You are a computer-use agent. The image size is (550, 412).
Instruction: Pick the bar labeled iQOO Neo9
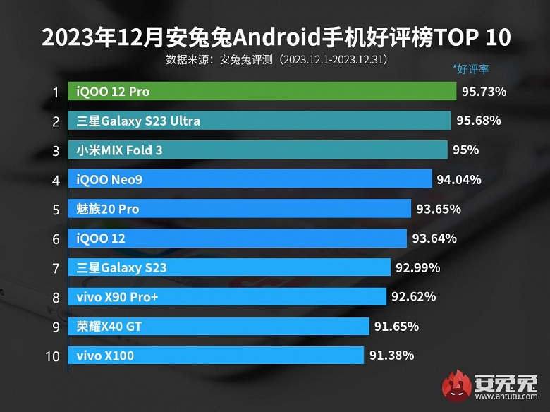coord(250,180)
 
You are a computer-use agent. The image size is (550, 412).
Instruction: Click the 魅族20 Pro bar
coord(240,209)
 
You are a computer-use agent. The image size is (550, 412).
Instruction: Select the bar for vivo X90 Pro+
coord(227,297)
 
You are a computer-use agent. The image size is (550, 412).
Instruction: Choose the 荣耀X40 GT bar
coord(219,327)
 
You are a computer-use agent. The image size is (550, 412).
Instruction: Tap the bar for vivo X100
coord(216,356)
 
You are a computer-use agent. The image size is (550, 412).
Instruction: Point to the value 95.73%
coord(484,92)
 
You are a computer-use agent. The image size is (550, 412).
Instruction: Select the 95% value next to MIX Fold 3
coord(466,150)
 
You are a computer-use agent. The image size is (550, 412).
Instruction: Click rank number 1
coord(54,92)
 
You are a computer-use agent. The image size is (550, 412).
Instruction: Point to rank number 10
coord(52,356)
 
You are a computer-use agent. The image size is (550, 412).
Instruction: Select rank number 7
coord(54,268)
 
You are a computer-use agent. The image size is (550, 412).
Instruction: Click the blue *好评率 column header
coord(470,69)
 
